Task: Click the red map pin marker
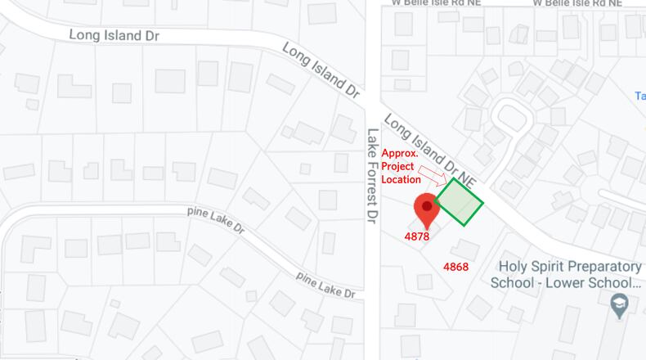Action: click(426, 209)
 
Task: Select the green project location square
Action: click(459, 201)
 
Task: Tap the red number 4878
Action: click(418, 236)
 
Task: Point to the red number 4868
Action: click(455, 267)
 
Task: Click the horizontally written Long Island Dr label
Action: click(114, 35)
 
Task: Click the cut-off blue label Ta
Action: click(639, 96)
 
